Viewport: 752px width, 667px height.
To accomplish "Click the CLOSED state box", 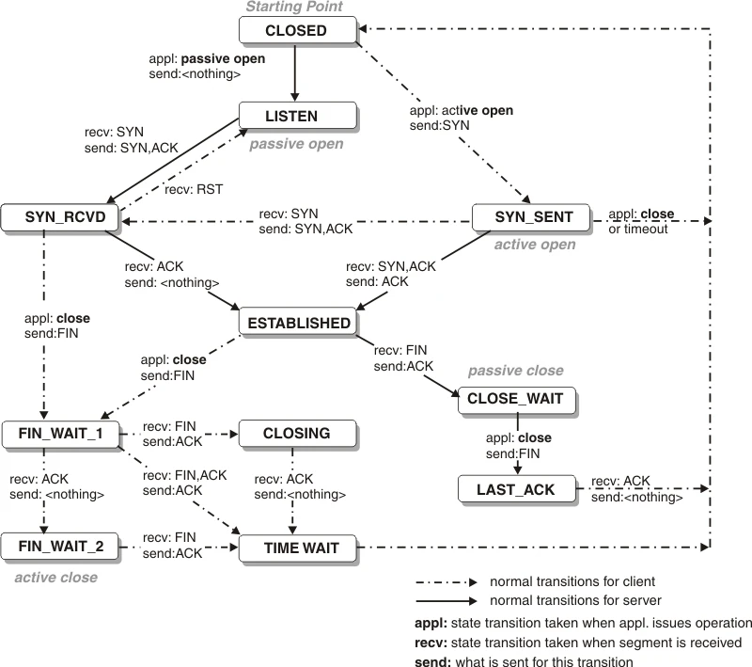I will (296, 30).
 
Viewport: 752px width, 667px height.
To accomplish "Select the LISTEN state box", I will (297, 117).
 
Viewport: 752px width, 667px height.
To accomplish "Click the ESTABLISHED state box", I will (298, 323).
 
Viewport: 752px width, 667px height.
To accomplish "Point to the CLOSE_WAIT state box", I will (515, 399).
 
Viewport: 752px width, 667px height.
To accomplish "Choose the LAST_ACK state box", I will (515, 489).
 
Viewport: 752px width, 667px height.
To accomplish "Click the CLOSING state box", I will (297, 434).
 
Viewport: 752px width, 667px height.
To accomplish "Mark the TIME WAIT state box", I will (301, 548).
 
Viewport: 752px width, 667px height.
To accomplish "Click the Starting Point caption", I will (295, 8).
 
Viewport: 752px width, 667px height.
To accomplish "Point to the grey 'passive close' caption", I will (515, 371).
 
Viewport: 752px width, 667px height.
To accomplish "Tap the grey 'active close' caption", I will (55, 577).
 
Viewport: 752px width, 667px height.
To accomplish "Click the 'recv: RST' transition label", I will (194, 189).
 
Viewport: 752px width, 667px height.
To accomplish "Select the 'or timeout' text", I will (638, 229).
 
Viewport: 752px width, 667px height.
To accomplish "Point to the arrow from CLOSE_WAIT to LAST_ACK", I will (517, 445).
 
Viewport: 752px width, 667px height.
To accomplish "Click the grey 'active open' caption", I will (534, 245).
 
